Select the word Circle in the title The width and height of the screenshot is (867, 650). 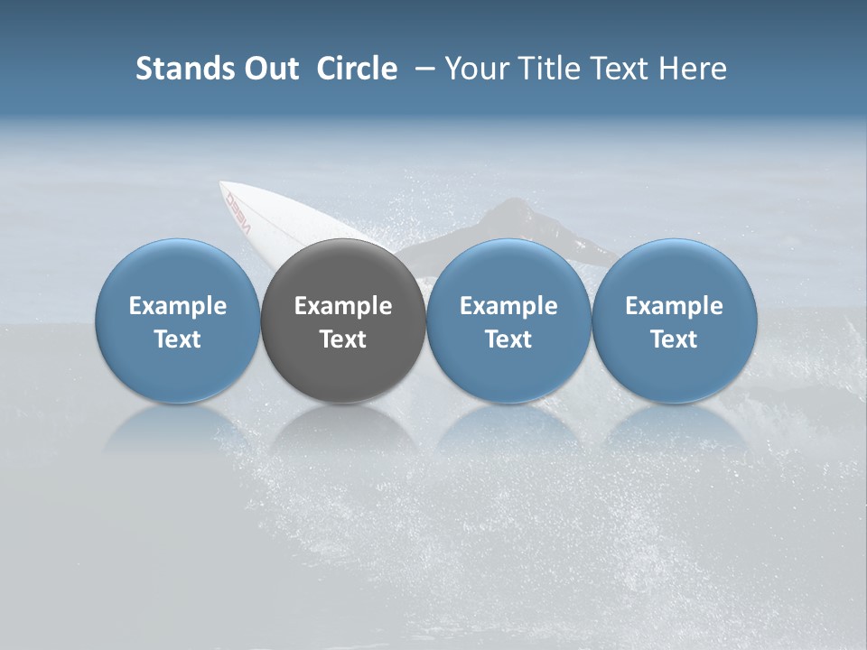click(x=357, y=69)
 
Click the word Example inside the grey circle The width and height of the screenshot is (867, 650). click(x=343, y=306)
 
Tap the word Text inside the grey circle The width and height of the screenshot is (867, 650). click(x=343, y=339)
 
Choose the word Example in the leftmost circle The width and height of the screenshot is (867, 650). click(x=178, y=306)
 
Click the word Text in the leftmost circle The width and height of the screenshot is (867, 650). click(x=178, y=339)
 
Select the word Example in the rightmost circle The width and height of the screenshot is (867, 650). click(x=674, y=306)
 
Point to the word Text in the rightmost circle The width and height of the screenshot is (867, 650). click(x=674, y=339)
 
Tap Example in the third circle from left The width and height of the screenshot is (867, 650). click(x=508, y=306)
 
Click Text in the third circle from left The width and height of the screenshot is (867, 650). click(x=508, y=339)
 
